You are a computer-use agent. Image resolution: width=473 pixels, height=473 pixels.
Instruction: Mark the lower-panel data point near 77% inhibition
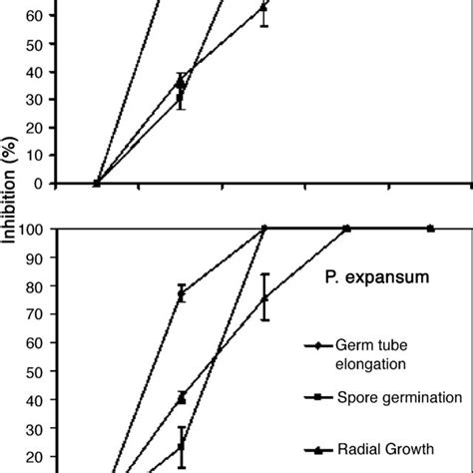tap(181, 293)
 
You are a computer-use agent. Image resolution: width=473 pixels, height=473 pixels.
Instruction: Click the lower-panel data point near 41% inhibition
tap(181, 397)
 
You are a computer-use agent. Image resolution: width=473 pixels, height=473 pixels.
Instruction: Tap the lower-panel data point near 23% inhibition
tap(181, 446)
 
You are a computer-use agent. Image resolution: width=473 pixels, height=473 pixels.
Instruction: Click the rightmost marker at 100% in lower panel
tap(431, 229)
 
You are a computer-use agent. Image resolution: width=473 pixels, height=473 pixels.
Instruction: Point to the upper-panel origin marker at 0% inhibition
tap(97, 183)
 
